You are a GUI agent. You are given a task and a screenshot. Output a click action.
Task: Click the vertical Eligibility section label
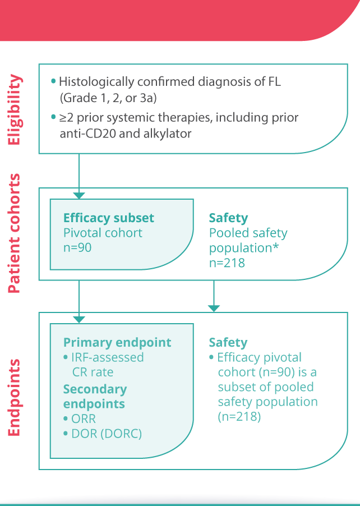[16, 110]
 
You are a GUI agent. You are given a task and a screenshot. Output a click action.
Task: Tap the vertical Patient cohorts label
[16, 234]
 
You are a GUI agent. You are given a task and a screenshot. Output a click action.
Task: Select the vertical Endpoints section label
[16, 397]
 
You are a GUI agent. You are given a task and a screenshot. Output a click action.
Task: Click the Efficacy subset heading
[109, 218]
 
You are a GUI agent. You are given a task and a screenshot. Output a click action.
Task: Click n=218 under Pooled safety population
[227, 262]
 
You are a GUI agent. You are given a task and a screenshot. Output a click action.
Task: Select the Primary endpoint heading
[117, 343]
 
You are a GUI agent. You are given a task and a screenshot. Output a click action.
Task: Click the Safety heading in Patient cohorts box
[228, 218]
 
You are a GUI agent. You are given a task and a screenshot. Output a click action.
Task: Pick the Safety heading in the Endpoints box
[228, 342]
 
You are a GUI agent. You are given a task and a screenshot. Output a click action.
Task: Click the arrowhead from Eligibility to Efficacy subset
[79, 195]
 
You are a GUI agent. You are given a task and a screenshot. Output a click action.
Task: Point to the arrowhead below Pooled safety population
[214, 308]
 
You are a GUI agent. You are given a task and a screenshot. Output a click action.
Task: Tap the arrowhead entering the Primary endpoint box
[79, 319]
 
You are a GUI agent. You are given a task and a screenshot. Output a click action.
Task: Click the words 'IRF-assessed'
[108, 357]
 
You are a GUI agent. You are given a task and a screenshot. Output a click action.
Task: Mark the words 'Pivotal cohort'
[103, 232]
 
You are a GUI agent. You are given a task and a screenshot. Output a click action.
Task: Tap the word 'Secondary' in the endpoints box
[95, 389]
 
